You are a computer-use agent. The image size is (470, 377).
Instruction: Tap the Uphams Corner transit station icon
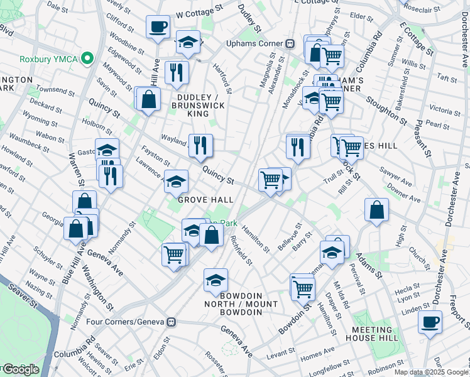pyautogui.click(x=290, y=44)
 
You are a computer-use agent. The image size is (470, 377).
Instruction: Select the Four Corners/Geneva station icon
pyautogui.click(x=170, y=322)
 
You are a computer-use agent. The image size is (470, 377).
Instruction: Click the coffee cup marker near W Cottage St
pyautogui.click(x=158, y=27)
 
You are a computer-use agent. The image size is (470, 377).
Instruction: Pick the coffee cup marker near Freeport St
pyautogui.click(x=430, y=322)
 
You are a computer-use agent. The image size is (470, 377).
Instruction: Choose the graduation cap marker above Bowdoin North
pyautogui.click(x=216, y=280)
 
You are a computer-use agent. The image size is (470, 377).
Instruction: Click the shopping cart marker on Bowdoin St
pyautogui.click(x=303, y=287)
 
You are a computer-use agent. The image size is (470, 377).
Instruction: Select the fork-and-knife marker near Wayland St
pyautogui.click(x=200, y=146)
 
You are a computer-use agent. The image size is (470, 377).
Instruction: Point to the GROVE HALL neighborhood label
pyautogui.click(x=205, y=200)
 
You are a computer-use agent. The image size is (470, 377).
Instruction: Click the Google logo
pyautogui.click(x=20, y=369)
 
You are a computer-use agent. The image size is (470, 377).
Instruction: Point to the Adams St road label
pyautogui.click(x=369, y=263)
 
